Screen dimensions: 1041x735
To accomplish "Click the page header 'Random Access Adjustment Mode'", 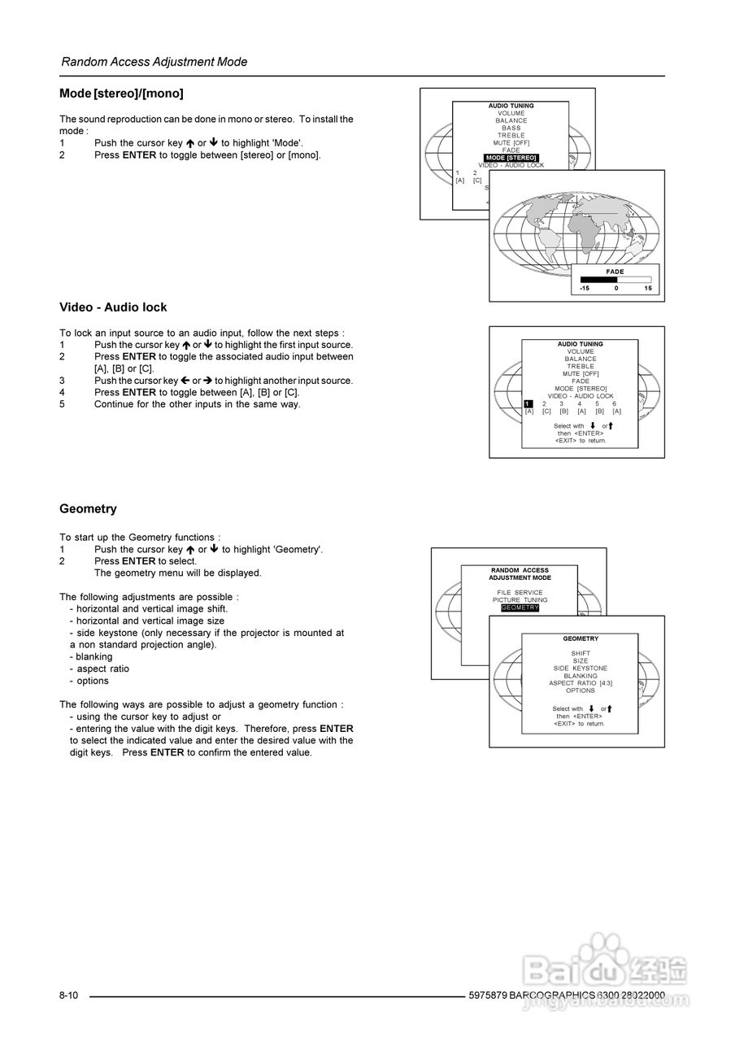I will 154,62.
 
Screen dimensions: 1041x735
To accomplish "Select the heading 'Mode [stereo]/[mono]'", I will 121,94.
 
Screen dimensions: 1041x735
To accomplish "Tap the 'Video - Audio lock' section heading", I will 113,307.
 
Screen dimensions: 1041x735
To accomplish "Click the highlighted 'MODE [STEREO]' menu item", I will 511,158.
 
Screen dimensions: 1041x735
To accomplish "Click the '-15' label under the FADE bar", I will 585,289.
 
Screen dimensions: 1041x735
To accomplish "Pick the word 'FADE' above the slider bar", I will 615,272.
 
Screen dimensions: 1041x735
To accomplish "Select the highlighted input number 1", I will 528,404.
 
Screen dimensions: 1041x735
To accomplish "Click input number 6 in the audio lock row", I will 615,404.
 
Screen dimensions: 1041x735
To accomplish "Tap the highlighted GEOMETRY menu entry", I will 520,608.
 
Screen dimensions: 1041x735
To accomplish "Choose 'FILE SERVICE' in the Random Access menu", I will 520,593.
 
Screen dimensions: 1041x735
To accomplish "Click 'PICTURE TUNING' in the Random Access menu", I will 520,600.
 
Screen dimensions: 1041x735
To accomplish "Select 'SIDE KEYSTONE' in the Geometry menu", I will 581,669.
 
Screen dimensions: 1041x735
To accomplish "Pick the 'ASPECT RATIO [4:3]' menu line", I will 581,683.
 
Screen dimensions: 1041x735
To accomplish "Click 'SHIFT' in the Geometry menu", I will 581,654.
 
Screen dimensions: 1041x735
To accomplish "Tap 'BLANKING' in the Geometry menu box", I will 581,676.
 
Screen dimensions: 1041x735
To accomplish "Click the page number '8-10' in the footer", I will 68,995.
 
